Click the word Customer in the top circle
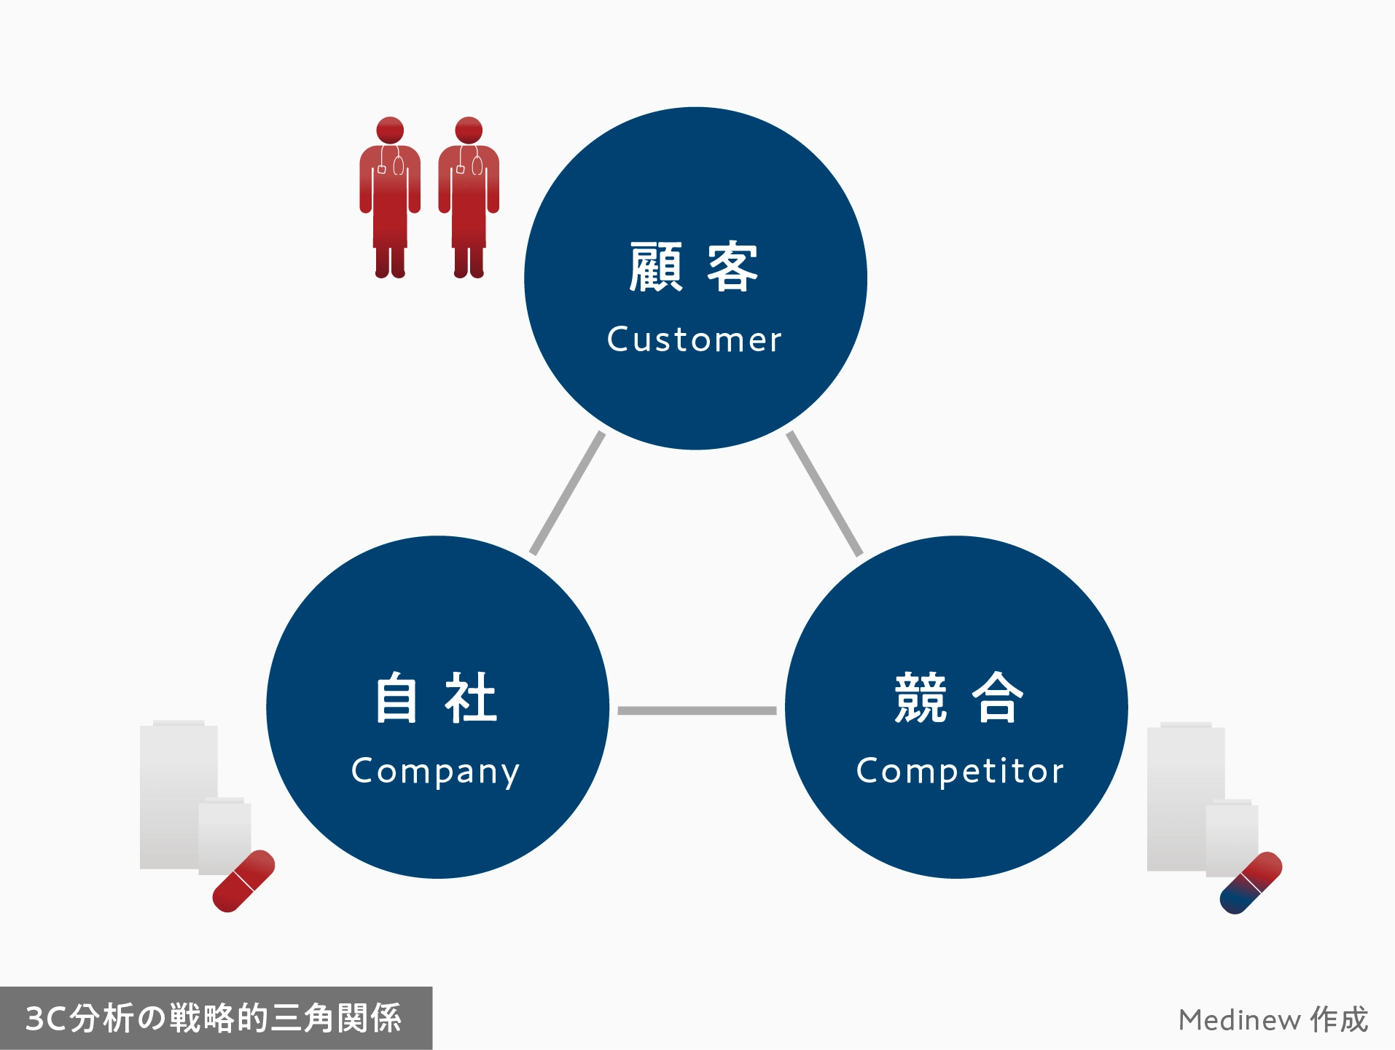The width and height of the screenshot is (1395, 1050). [694, 340]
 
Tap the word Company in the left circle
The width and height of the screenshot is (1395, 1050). [435, 771]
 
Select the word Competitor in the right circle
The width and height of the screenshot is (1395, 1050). [959, 771]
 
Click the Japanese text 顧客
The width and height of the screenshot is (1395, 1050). [694, 267]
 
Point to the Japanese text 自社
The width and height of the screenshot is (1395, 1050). [435, 697]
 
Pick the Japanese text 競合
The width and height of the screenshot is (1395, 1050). [959, 697]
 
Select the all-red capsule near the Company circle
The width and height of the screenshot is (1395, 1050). [243, 881]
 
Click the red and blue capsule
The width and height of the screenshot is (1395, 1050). [1251, 882]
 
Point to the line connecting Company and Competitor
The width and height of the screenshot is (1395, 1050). [697, 710]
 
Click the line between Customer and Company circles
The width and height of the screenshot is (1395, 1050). [567, 493]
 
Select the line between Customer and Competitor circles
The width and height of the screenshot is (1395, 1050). [824, 493]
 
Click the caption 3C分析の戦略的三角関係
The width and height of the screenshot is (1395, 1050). [214, 1018]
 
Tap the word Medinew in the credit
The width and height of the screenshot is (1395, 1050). [1239, 1020]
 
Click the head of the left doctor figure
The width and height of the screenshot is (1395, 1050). [390, 130]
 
